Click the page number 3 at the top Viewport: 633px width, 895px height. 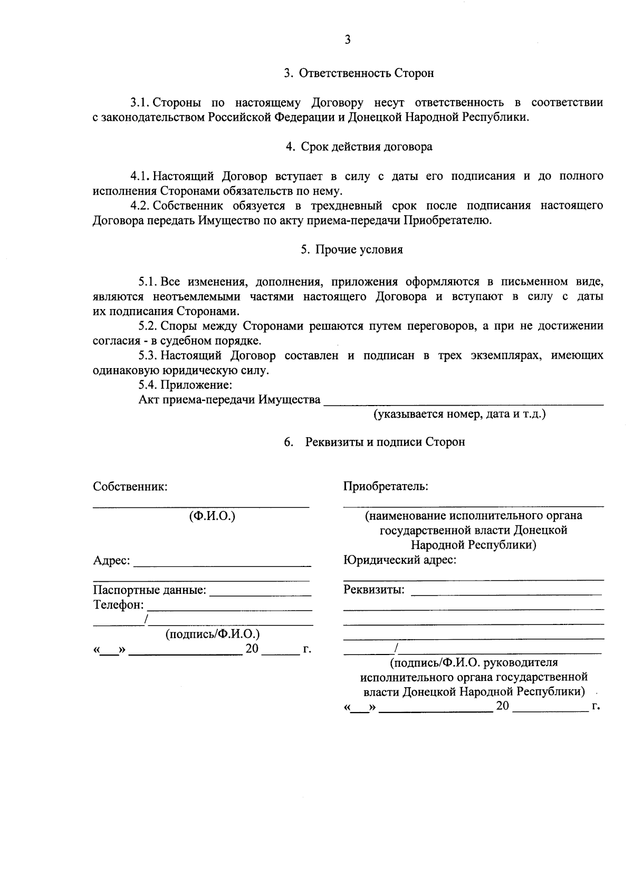347,40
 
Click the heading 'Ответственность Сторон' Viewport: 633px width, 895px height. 366,73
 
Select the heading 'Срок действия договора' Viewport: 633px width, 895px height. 366,147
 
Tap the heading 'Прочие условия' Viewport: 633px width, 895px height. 359,250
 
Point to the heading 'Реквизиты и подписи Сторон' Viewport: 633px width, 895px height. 385,442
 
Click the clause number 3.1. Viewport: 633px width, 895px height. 141,102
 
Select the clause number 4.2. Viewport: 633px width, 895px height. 141,206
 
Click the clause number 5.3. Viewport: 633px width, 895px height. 148,355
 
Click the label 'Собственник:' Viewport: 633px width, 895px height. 130,486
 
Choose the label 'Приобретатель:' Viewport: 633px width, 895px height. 385,486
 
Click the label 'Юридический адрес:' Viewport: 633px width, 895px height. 399,560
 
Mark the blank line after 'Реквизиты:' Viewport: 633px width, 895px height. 505,594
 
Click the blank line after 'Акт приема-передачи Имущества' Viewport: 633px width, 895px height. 463,404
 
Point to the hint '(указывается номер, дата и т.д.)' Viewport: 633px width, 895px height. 459,415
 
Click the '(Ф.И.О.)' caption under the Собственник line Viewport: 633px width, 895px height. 212,516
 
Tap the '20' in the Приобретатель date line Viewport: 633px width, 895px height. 502,706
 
